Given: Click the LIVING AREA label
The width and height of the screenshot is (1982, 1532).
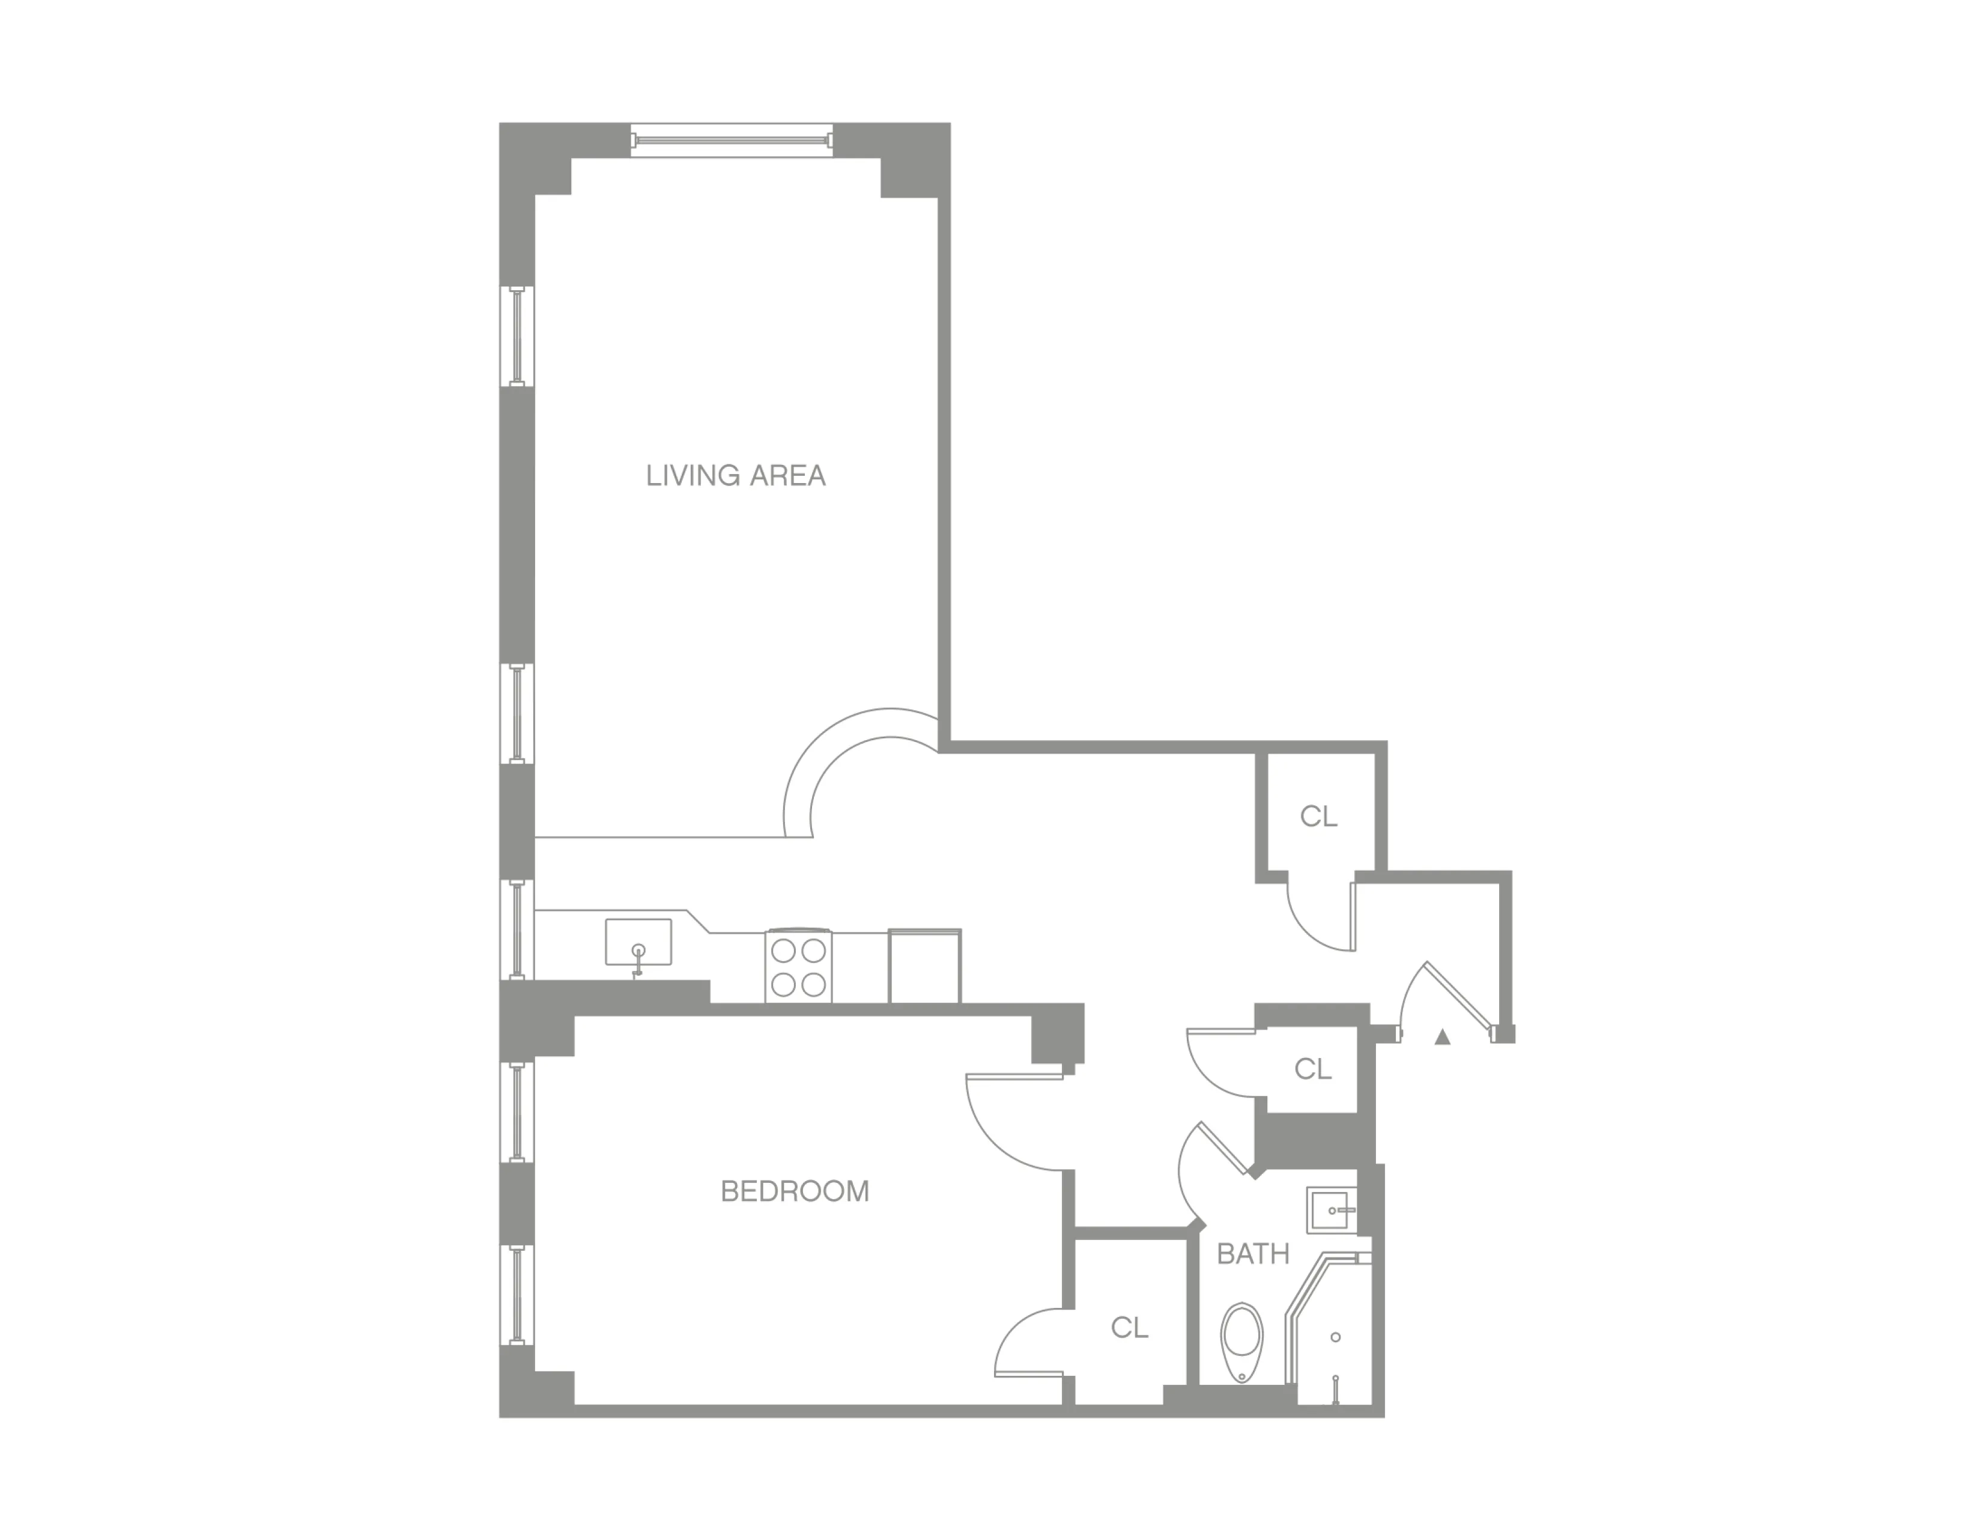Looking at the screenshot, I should point(735,476).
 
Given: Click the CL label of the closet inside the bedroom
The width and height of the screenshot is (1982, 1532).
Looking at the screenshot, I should point(1129,1328).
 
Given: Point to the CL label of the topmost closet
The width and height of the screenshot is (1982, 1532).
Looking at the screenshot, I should point(1318,817).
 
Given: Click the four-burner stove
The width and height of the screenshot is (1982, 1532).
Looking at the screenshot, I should point(799,967).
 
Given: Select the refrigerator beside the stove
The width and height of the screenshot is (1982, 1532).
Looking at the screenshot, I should point(924,967).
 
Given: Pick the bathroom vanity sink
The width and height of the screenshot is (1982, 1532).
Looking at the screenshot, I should point(1332,1210).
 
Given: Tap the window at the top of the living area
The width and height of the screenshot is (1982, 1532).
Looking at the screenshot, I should point(732,141).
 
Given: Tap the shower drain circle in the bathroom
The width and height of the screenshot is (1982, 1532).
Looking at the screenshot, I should point(1335,1337).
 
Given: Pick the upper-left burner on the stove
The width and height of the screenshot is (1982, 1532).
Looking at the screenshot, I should point(783,950).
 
